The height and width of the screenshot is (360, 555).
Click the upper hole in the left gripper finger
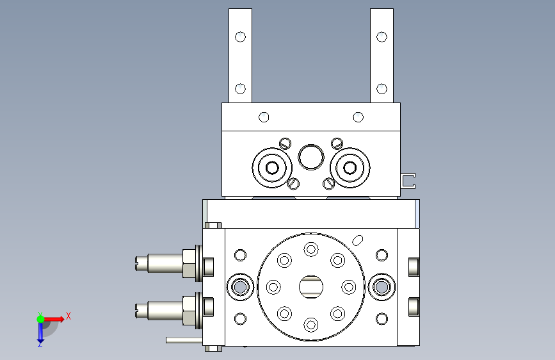[240, 37]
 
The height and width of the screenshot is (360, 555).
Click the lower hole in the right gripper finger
[382, 88]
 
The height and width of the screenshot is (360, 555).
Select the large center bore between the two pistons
[311, 157]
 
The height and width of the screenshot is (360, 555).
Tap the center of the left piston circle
[272, 168]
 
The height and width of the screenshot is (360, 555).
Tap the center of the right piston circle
[350, 168]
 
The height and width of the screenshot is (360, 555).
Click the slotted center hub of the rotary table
[311, 287]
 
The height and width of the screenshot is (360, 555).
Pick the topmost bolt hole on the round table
[311, 249]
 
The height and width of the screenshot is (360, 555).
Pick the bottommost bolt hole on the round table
[311, 325]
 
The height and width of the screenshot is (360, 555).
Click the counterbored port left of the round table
[240, 287]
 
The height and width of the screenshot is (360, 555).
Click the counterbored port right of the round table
[382, 287]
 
